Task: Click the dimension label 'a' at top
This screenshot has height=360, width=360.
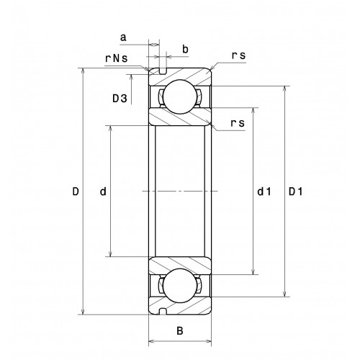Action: pyautogui.click(x=123, y=37)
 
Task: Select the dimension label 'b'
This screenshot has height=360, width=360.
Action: pyautogui.click(x=185, y=49)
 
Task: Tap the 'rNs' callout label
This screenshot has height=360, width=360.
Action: pyautogui.click(x=117, y=58)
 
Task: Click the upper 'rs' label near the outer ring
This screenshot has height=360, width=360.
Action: pyautogui.click(x=238, y=55)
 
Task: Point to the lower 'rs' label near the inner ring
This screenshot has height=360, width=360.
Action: pyautogui.click(x=238, y=123)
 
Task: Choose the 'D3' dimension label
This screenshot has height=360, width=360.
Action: pyautogui.click(x=120, y=99)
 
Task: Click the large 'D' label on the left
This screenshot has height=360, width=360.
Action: pyautogui.click(x=76, y=192)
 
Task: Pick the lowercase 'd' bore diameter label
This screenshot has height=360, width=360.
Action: pyautogui.click(x=103, y=192)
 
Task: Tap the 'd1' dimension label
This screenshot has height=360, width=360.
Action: pyautogui.click(x=264, y=192)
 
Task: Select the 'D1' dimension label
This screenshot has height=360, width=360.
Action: pyautogui.click(x=296, y=192)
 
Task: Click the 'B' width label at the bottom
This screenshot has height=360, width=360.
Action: pyautogui.click(x=180, y=330)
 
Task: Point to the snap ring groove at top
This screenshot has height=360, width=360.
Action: pyautogui.click(x=163, y=71)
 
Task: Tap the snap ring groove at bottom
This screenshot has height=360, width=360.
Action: pyautogui.click(x=163, y=311)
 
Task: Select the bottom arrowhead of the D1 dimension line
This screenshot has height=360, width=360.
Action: pyautogui.click(x=284, y=294)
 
